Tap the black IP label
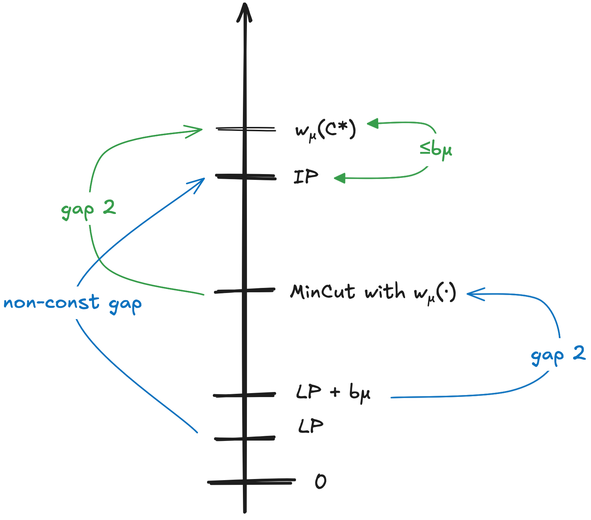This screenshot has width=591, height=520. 306,177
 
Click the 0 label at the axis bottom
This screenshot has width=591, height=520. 321,482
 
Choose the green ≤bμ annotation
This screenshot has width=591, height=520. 436,149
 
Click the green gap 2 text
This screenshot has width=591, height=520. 88,210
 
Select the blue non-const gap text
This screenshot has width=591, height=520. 73,304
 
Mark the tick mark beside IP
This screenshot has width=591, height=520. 245,177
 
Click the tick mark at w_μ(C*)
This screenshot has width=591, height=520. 245,129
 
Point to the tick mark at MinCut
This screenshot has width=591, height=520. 245,290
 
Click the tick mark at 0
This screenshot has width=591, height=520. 251,482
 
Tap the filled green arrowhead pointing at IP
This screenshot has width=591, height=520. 339,178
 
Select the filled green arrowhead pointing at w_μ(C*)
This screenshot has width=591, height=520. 373,123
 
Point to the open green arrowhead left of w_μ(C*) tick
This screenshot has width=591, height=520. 194,131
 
